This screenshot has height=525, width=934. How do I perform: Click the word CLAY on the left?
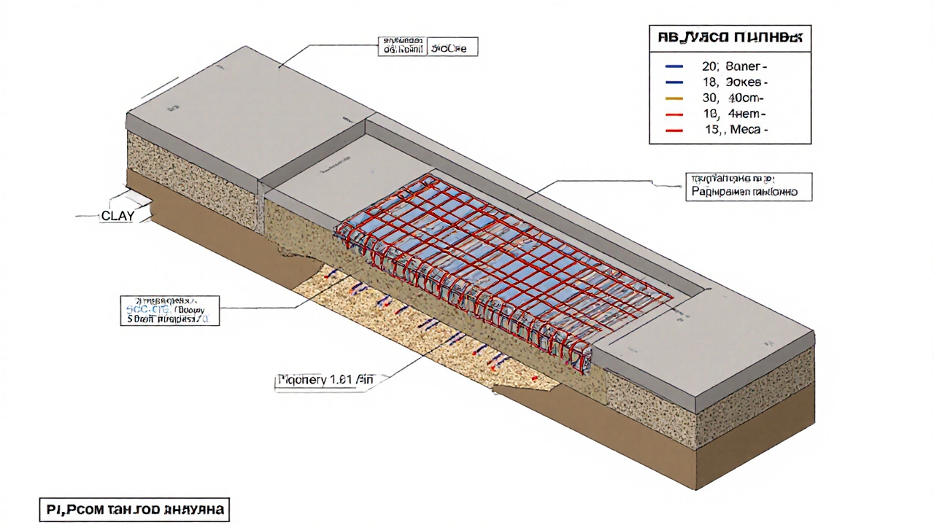(117, 216)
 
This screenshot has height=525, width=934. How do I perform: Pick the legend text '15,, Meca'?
(736, 130)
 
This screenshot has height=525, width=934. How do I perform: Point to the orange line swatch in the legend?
(674, 98)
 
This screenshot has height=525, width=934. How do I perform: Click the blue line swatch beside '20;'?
(674, 66)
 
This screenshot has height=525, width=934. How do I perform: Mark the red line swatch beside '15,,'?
(674, 130)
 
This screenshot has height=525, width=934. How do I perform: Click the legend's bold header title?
(730, 36)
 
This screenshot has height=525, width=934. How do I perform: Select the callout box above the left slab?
(428, 46)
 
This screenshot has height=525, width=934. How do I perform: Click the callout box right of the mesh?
(749, 186)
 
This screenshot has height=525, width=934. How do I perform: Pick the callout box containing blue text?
(169, 310)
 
